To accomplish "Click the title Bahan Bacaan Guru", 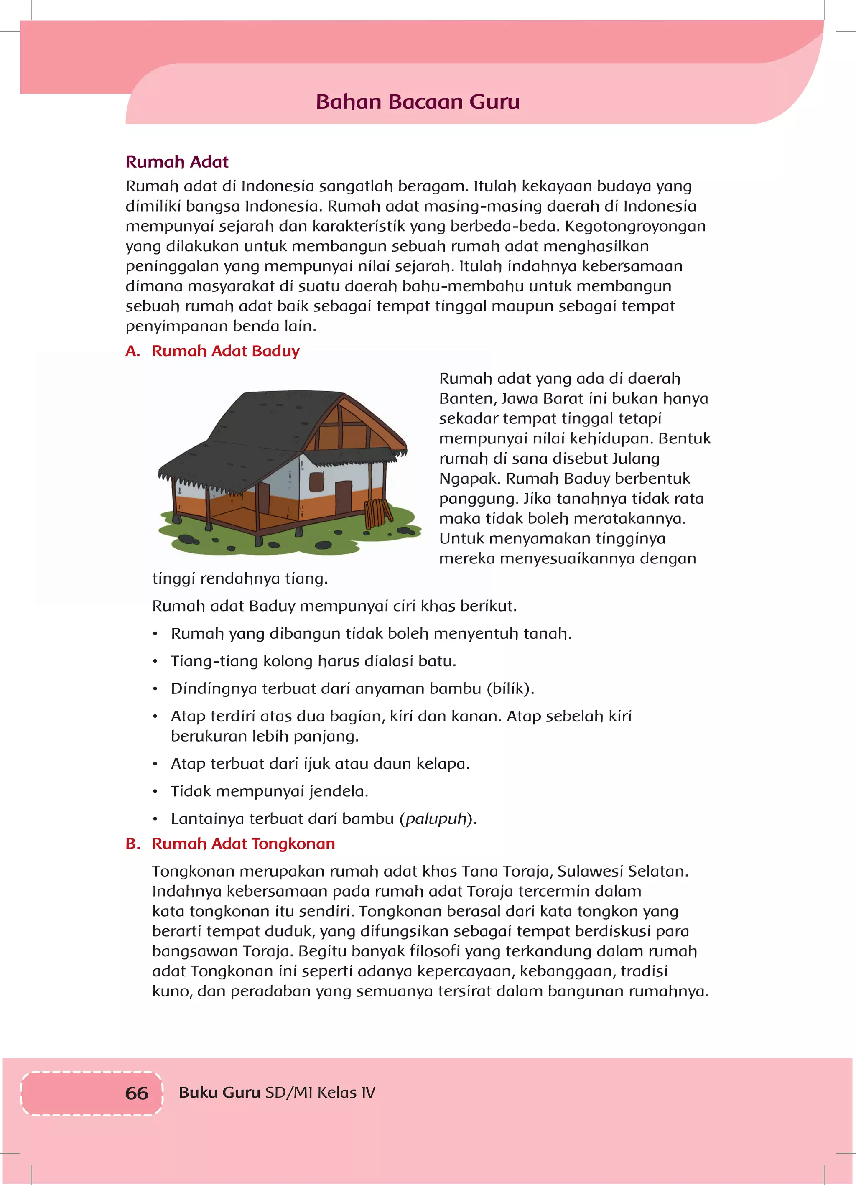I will [x=418, y=102].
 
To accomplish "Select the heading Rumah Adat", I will [x=177, y=162].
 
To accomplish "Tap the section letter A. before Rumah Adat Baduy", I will [x=133, y=351].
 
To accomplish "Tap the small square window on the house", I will [x=316, y=481].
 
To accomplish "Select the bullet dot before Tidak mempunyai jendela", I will [x=155, y=792].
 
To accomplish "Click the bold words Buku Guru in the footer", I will [x=219, y=1093].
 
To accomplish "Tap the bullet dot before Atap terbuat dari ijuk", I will [x=155, y=765].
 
